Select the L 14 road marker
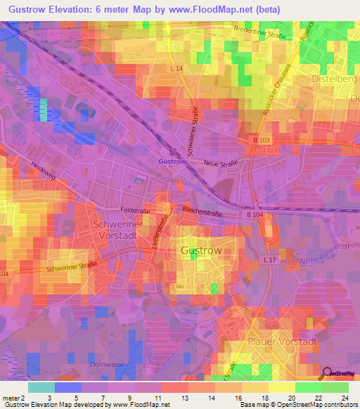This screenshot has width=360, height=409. pos(176,67)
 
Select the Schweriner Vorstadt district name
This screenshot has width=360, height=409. pos(118,229)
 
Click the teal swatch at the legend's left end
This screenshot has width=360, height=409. pos(41,387)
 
